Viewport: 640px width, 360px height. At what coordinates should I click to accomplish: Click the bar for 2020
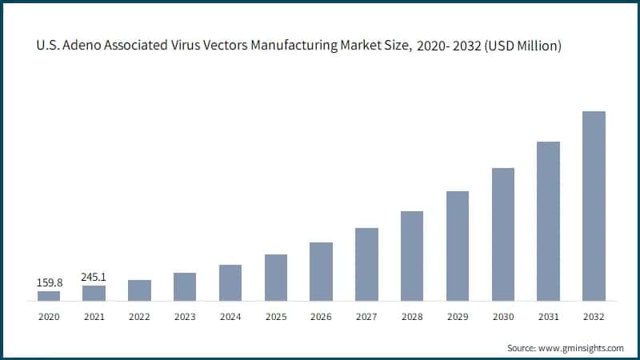tap(49, 296)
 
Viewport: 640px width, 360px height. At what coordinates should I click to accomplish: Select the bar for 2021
tap(94, 293)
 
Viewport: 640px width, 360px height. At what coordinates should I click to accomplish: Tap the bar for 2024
tap(230, 282)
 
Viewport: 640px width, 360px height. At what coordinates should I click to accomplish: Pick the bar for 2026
tap(321, 271)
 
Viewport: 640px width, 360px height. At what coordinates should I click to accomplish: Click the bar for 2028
tap(412, 256)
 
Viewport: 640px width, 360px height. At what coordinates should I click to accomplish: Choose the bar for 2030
tap(502, 234)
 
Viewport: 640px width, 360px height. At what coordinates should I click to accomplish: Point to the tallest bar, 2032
tap(594, 206)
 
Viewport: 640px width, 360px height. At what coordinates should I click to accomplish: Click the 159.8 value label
tap(49, 282)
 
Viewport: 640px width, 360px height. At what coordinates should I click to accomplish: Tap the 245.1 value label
tap(94, 277)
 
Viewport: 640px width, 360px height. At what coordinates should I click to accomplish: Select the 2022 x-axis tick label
tap(139, 317)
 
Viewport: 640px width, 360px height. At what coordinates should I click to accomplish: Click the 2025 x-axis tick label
tap(275, 317)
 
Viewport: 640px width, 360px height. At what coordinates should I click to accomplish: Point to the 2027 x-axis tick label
tap(366, 317)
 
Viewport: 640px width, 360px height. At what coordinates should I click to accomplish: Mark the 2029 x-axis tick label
tap(457, 317)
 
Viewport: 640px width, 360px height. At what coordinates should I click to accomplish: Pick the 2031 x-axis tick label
tap(548, 317)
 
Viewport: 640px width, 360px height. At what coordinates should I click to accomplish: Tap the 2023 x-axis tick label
tap(185, 317)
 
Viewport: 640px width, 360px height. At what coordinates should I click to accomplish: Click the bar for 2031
tap(548, 221)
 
